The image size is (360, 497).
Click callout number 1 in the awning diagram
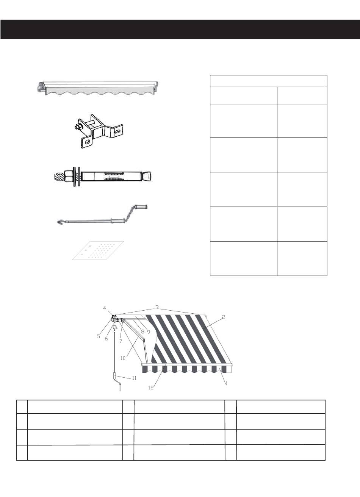coord(226,383)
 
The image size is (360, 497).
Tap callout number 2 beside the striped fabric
coord(224,317)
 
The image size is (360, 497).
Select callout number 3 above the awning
coord(157,307)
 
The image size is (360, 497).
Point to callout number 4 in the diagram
coord(105,308)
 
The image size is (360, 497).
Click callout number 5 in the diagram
coord(99,336)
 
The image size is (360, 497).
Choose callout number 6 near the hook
coord(106,339)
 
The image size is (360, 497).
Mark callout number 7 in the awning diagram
coord(121,341)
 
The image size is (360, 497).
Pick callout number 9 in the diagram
coord(148,332)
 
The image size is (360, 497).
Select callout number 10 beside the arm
coord(123,358)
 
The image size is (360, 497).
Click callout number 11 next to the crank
coord(134,378)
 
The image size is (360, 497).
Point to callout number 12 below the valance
coord(151,388)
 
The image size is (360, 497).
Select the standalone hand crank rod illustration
coord(102,215)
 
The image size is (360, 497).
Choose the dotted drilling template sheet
coord(98,250)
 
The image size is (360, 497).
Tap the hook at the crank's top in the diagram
coord(114,328)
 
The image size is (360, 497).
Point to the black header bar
coord(180,29)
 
